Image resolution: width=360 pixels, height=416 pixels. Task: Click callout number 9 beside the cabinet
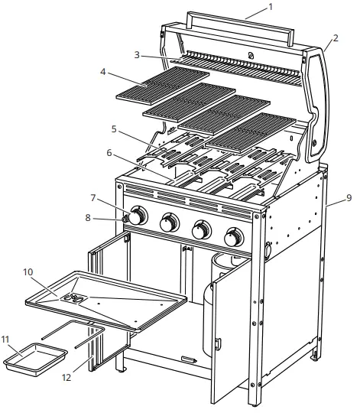click(348, 198)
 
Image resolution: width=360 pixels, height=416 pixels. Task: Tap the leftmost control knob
click(137, 216)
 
